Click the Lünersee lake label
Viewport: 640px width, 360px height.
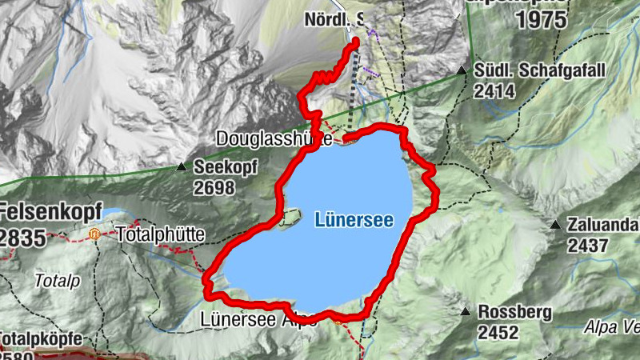tap(354, 218)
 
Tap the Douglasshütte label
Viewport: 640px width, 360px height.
tap(274, 139)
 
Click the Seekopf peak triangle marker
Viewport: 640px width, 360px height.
tap(181, 168)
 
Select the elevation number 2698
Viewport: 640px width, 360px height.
tap(214, 188)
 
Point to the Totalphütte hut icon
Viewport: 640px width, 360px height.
tap(94, 235)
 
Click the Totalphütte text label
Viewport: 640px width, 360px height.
tap(161, 235)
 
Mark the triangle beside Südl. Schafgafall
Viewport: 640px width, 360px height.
tap(462, 71)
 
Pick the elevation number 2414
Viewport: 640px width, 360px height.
tap(493, 92)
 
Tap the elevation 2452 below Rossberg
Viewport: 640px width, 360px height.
tap(497, 331)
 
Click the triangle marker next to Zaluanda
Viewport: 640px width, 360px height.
tap(555, 225)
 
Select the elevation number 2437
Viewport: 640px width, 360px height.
tap(589, 246)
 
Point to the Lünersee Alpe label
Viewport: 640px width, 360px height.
tap(249, 318)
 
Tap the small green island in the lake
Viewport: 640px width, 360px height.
tap(290, 216)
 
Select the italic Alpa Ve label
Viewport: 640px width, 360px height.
tap(611, 326)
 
